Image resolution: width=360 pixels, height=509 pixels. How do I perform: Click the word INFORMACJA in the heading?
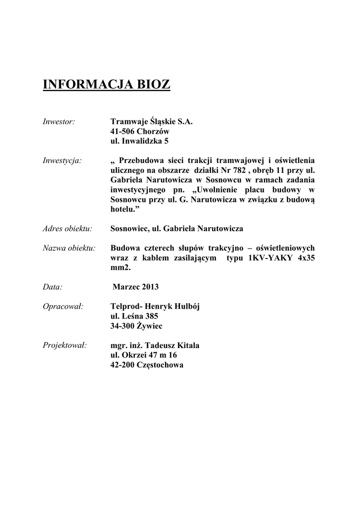86,85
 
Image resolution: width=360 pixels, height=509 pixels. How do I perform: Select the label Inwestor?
59,121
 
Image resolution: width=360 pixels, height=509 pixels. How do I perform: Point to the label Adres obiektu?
68,229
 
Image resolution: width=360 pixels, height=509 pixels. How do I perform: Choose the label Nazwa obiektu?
70,248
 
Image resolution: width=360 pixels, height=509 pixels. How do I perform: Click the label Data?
53,287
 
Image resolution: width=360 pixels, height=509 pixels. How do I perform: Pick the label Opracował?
63,306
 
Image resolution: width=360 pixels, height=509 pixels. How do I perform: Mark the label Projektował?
65,345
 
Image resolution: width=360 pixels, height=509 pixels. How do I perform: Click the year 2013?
150,287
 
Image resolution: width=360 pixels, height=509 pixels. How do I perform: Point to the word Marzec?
126,287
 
